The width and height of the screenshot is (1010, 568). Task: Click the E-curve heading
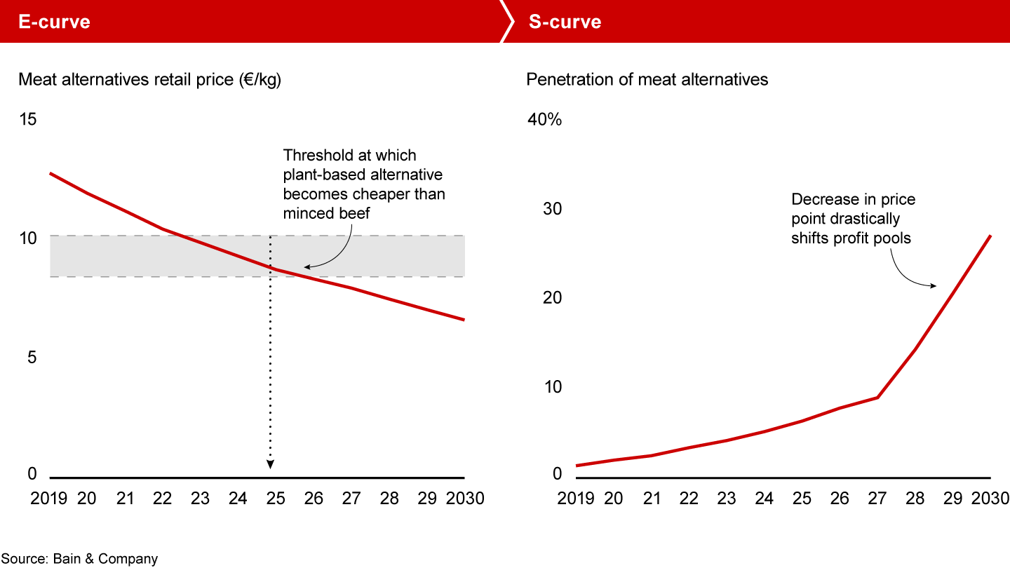[55, 22]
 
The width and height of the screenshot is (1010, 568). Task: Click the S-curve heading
[565, 22]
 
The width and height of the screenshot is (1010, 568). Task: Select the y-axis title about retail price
[149, 79]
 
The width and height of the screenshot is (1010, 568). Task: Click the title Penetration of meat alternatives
[647, 79]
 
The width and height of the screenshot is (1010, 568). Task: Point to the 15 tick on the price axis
[27, 120]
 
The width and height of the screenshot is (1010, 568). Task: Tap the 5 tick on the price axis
[32, 358]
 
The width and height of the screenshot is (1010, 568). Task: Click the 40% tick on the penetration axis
[544, 120]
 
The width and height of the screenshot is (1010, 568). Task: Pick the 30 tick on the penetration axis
[552, 209]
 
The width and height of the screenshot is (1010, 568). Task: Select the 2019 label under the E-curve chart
[48, 499]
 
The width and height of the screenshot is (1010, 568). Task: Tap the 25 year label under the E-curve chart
[276, 499]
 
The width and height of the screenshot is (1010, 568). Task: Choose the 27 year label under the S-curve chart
[877, 499]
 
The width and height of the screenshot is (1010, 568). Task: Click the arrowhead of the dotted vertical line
[270, 464]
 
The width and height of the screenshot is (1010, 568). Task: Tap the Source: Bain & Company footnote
[79, 559]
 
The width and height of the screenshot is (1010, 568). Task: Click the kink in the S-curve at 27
[877, 398]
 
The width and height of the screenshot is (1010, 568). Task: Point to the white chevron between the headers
[506, 22]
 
